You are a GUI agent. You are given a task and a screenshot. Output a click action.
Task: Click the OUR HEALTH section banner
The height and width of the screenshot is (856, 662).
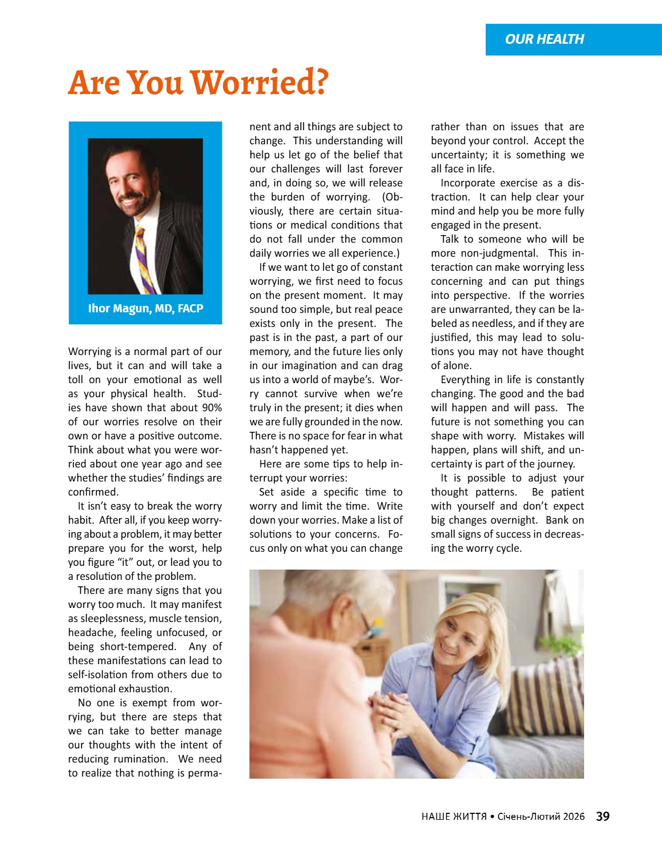tap(545, 39)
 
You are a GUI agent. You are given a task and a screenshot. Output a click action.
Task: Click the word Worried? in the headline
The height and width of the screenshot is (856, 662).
tap(260, 83)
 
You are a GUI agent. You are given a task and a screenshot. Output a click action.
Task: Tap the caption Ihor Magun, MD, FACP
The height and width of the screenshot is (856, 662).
tap(145, 309)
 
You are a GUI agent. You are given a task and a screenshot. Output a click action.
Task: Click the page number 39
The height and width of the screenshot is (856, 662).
tap(603, 817)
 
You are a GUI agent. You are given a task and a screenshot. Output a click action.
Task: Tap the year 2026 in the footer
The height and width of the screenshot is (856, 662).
tap(573, 817)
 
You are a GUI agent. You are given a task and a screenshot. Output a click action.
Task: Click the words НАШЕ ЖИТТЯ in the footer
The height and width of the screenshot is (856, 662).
tap(454, 817)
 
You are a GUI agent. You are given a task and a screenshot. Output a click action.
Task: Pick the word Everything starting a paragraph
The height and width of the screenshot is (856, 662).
tap(465, 380)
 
